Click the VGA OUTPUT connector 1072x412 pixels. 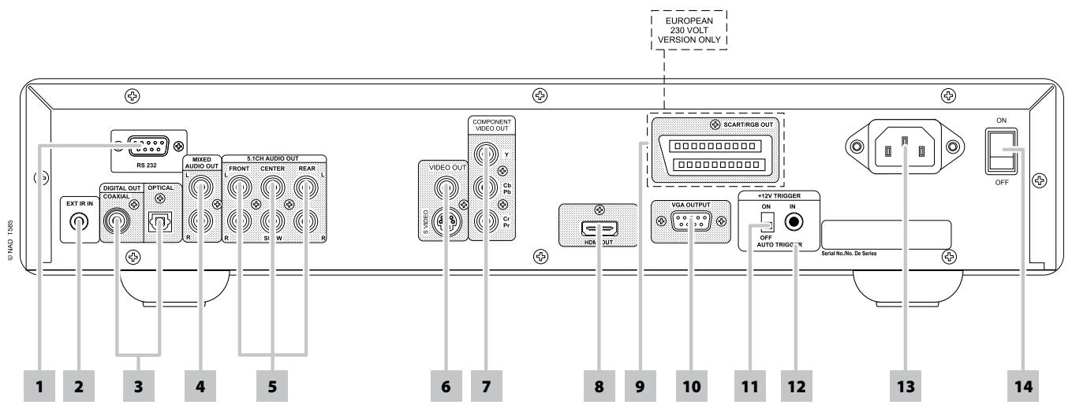click(686, 222)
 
